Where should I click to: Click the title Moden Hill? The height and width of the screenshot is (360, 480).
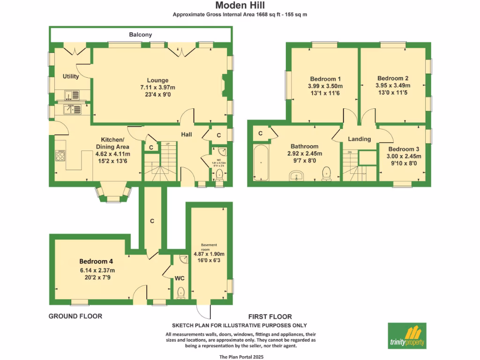(x=240, y=6)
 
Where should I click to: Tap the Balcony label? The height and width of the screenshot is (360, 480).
(x=141, y=35)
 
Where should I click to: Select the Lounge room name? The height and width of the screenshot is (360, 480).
(x=157, y=80)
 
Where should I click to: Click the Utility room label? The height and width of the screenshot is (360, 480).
(x=71, y=76)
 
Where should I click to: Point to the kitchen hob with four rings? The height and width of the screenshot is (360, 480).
(x=60, y=155)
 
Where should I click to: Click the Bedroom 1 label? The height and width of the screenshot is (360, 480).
(x=325, y=78)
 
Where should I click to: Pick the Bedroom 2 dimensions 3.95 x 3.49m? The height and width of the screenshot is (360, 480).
(x=393, y=86)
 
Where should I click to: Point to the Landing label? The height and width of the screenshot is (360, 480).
(x=360, y=139)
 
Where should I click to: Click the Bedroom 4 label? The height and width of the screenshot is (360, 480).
(x=96, y=261)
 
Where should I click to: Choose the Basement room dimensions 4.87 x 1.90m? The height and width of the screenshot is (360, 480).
(x=210, y=255)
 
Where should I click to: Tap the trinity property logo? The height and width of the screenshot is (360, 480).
(x=407, y=336)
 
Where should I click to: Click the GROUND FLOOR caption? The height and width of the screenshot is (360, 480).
(x=75, y=316)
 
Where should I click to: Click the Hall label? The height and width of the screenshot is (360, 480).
(x=187, y=135)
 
